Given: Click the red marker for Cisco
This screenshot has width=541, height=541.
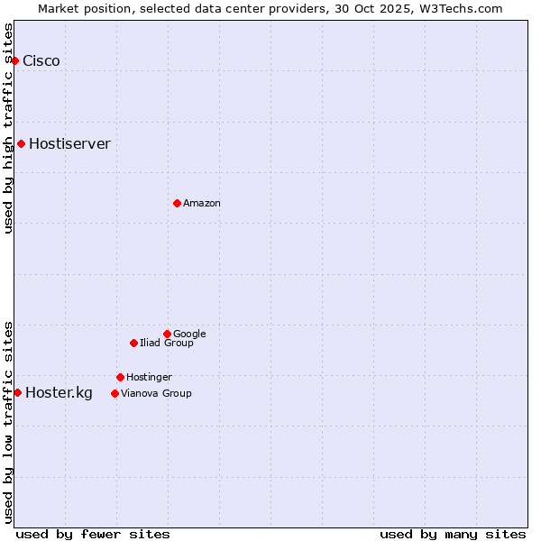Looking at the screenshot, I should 15,60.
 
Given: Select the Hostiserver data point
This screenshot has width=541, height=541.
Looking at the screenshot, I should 21,143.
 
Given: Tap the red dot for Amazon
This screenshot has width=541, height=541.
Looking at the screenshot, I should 177,203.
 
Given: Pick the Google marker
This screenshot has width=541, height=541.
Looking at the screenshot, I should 167,334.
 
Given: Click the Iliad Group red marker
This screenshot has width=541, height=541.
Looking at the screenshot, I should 133,343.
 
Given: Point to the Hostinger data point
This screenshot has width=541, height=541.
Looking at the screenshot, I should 120,377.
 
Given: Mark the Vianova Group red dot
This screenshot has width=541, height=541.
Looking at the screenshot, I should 115,393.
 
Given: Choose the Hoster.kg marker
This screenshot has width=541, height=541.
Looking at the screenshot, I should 17,392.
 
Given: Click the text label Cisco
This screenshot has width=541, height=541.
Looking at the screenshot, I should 41,61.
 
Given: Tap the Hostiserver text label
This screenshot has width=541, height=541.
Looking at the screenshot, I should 69,144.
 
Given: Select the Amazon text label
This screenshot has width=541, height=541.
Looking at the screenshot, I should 202,204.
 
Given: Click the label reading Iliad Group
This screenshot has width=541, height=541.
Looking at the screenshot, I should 167,344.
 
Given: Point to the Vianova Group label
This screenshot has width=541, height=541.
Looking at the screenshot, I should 156,394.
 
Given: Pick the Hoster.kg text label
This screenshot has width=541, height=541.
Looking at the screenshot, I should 59,393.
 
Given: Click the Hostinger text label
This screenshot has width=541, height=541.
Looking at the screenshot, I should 149,378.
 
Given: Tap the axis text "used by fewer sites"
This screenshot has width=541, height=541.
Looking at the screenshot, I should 93,534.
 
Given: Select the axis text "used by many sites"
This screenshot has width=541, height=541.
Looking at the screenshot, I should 453,534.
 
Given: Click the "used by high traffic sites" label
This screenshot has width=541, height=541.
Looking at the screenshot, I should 8,128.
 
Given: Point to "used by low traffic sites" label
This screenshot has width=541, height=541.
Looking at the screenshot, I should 8,421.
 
